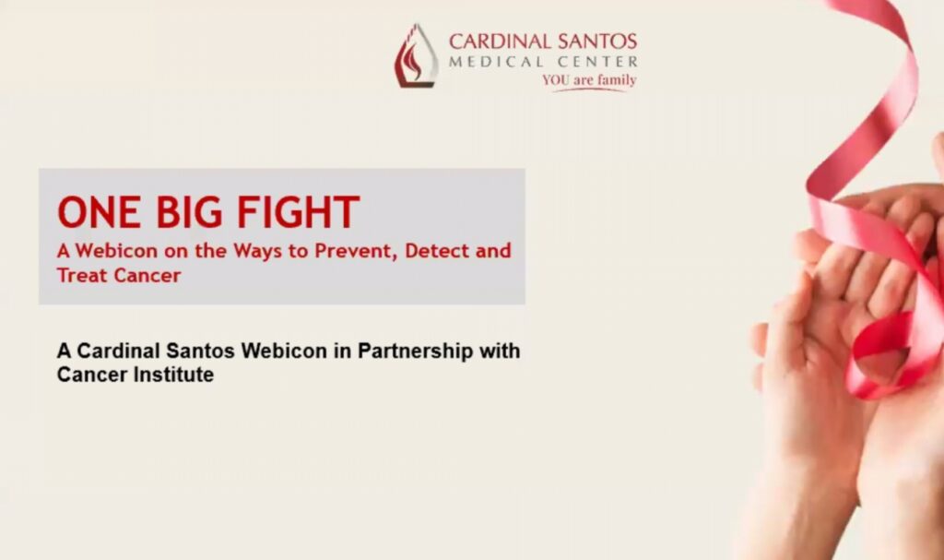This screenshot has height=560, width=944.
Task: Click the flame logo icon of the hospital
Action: (416, 56)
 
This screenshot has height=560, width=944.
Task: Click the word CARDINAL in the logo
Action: (501, 42)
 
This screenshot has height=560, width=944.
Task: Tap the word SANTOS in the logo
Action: (597, 42)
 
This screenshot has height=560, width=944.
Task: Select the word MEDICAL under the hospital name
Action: (496, 62)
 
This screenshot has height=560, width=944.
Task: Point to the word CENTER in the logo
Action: (597, 62)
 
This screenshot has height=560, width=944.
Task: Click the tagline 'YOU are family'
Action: (589, 80)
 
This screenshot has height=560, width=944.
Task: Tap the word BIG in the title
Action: (190, 212)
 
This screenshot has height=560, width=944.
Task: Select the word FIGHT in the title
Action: (299, 212)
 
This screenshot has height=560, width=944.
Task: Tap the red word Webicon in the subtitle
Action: (116, 251)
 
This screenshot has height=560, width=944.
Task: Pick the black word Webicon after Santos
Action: (284, 351)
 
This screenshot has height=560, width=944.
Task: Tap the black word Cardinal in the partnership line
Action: (118, 351)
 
